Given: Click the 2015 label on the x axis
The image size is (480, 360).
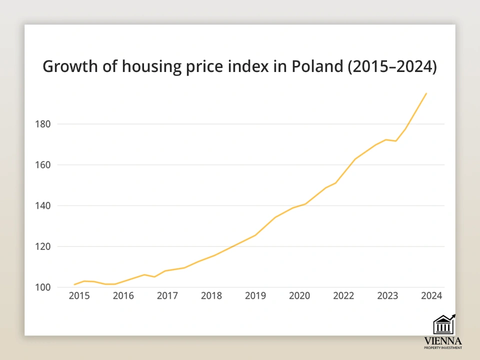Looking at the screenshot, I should [79, 295].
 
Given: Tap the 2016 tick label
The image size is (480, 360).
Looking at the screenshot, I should [123, 295].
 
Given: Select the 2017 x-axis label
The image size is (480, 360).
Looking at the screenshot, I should [167, 295].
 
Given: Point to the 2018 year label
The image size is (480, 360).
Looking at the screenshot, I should [211, 295].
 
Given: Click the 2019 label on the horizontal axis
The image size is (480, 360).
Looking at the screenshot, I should [255, 295].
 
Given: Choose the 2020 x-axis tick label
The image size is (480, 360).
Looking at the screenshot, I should [299, 295].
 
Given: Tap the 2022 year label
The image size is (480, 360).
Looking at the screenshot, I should [343, 295].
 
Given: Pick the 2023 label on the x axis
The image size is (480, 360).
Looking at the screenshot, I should [387, 295].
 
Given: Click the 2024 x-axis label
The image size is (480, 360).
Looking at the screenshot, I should [431, 295].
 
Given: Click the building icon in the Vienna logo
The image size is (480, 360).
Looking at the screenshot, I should [443, 325].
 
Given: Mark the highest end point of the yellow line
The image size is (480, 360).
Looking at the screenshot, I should [426, 93].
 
